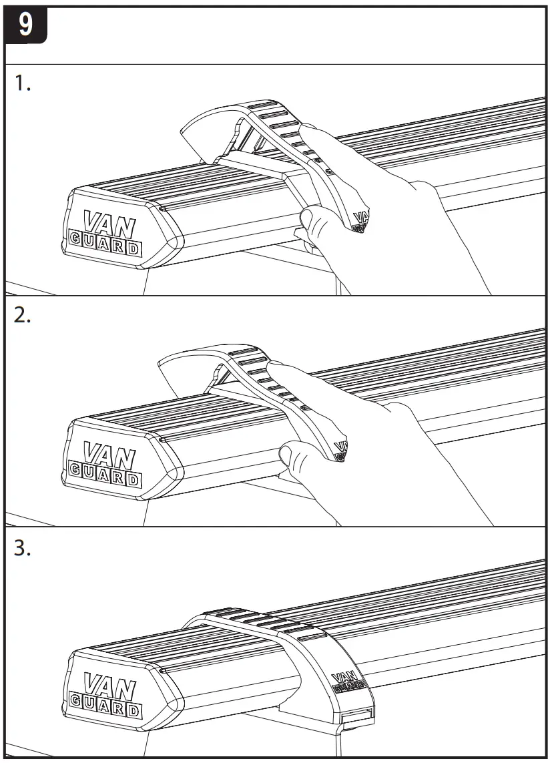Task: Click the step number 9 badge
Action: click(x=25, y=26)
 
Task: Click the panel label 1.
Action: click(x=23, y=85)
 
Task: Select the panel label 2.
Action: click(x=24, y=316)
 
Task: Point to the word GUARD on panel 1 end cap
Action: click(x=105, y=246)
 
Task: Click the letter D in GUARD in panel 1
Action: click(x=134, y=249)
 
